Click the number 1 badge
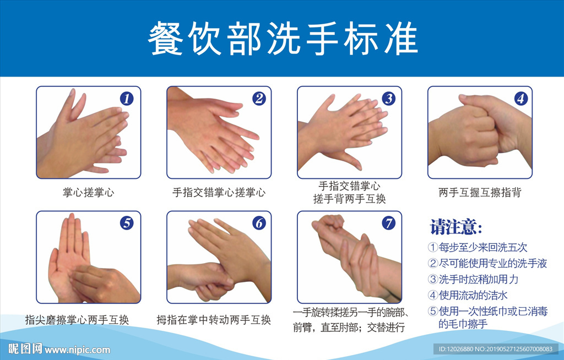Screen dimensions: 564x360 126,99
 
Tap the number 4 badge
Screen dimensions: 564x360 521,99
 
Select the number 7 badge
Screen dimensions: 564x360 388,223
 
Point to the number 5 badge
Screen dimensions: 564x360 127,223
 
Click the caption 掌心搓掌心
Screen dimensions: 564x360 89,193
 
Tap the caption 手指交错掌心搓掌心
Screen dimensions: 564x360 219,193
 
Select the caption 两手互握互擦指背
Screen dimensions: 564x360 480,193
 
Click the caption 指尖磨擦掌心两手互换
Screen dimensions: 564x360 77,320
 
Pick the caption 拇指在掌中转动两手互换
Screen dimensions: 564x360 214,320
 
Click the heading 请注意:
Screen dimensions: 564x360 455,227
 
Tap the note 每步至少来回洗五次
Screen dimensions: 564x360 482,248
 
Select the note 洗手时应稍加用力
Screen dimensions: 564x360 479,279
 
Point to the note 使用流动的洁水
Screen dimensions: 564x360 473,295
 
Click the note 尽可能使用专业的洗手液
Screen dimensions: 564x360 493,263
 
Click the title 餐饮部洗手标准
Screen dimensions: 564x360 283,38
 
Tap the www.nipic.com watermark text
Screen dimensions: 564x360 77,350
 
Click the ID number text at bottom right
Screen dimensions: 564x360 496,349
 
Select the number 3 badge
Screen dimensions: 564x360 388,99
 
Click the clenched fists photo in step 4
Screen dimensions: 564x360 480,132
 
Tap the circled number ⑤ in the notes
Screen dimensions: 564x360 433,311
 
